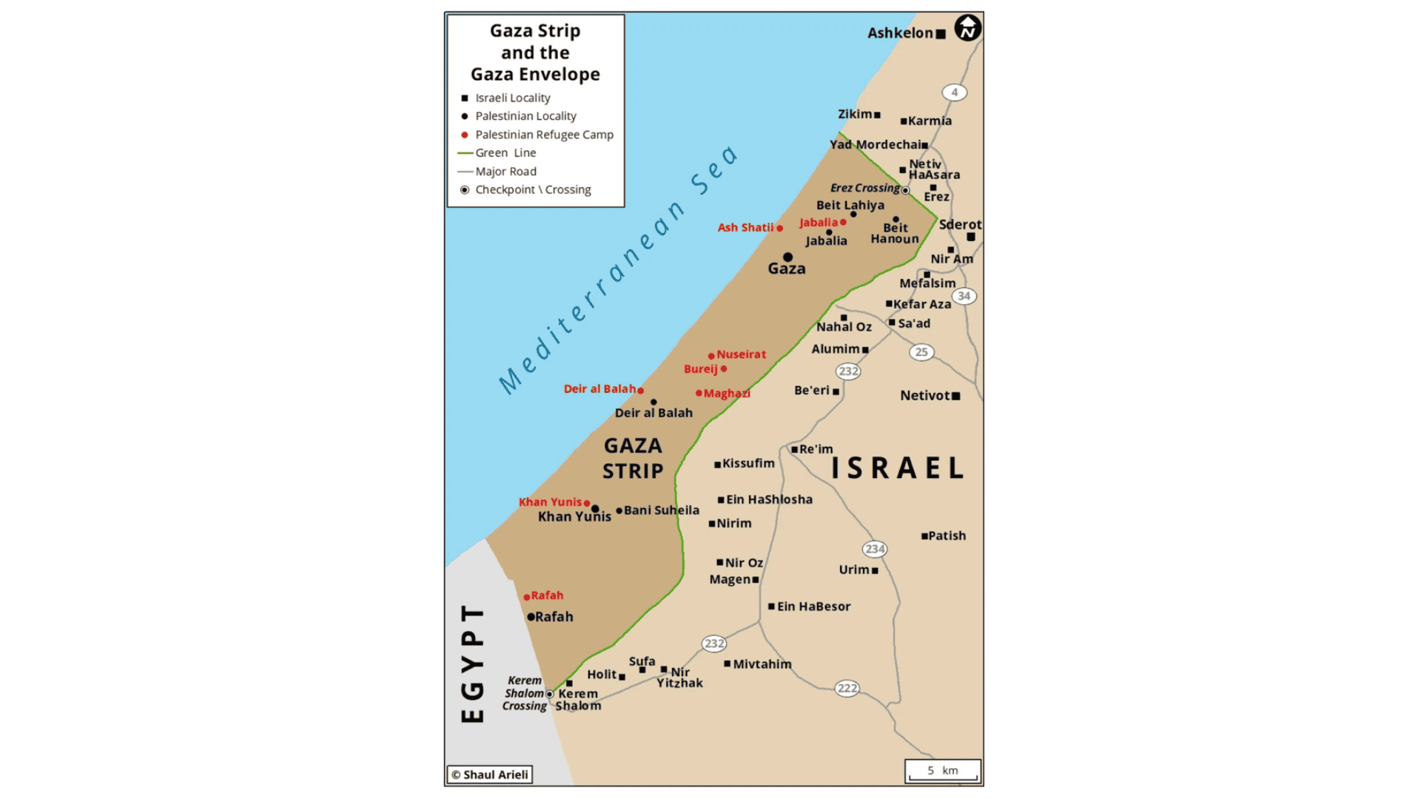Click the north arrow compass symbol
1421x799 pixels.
pyautogui.click(x=967, y=28)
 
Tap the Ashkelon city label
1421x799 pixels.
pyautogui.click(x=900, y=33)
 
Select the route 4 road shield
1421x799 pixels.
pyautogui.click(x=954, y=92)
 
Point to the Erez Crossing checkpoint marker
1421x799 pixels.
pyautogui.click(x=905, y=190)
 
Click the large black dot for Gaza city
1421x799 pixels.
pyautogui.click(x=787, y=257)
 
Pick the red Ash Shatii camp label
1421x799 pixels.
pyautogui.click(x=745, y=228)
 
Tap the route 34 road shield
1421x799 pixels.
pyautogui.click(x=964, y=296)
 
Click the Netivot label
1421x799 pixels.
pyautogui.click(x=924, y=396)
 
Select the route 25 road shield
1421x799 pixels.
pyautogui.click(x=921, y=352)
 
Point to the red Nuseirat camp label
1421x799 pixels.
pyautogui.click(x=741, y=355)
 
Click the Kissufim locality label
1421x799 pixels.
pyautogui.click(x=748, y=464)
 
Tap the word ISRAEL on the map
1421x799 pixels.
pyautogui.click(x=897, y=468)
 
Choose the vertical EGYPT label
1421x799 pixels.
pyautogui.click(x=472, y=663)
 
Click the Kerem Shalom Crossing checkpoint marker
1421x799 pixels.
pyautogui.click(x=549, y=694)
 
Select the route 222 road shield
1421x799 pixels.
pyautogui.click(x=847, y=689)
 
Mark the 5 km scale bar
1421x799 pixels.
pyautogui.click(x=943, y=772)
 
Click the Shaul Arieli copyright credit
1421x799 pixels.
pyautogui.click(x=490, y=775)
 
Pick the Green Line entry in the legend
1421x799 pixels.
pyautogui.click(x=505, y=153)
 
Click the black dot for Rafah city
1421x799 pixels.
pyautogui.click(x=531, y=617)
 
